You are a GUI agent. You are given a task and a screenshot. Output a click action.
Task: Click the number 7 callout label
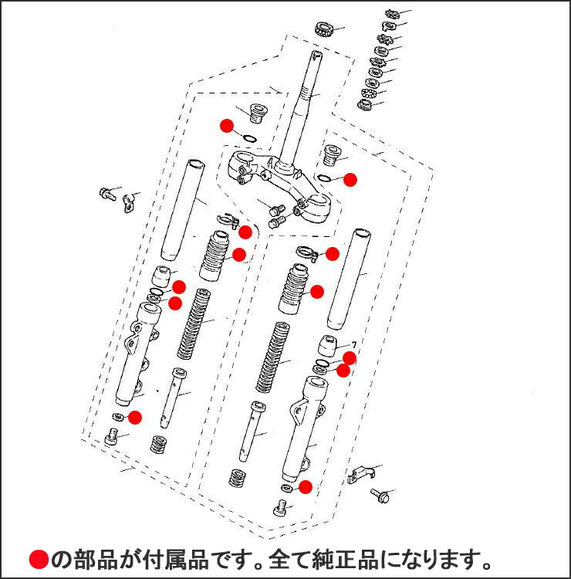(353, 344)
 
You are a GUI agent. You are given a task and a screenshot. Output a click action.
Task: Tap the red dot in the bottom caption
(39, 559)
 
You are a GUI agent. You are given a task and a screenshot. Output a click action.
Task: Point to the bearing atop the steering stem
(323, 30)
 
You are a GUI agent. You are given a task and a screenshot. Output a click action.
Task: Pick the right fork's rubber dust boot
(293, 290)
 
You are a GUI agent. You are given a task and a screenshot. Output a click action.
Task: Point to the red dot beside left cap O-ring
(226, 124)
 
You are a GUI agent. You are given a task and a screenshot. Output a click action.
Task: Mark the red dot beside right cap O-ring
(350, 179)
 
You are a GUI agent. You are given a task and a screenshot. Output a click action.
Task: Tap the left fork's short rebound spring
(160, 445)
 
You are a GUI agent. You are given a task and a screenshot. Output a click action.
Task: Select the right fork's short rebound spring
(238, 477)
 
